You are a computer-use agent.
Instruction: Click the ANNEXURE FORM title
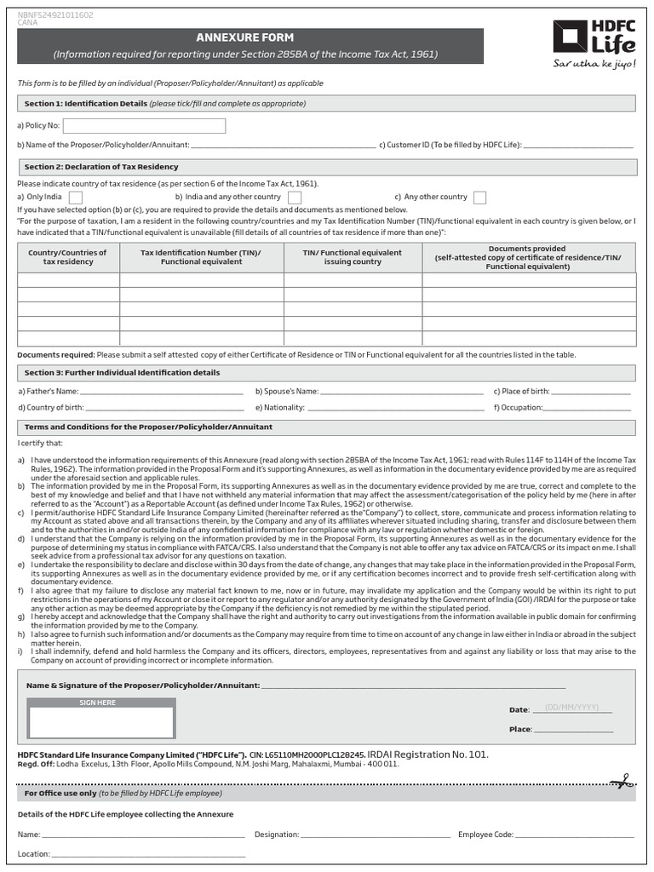(245, 38)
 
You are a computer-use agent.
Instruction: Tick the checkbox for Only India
(75, 198)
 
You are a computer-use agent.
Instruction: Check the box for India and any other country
(295, 198)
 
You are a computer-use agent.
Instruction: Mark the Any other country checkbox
(479, 198)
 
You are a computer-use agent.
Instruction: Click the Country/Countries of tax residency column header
(68, 257)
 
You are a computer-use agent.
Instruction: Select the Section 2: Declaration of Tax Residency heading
(101, 167)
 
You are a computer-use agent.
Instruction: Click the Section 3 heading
(122, 373)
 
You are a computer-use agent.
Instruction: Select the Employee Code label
(485, 835)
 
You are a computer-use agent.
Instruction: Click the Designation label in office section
(276, 835)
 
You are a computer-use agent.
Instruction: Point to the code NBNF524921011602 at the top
(55, 15)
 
